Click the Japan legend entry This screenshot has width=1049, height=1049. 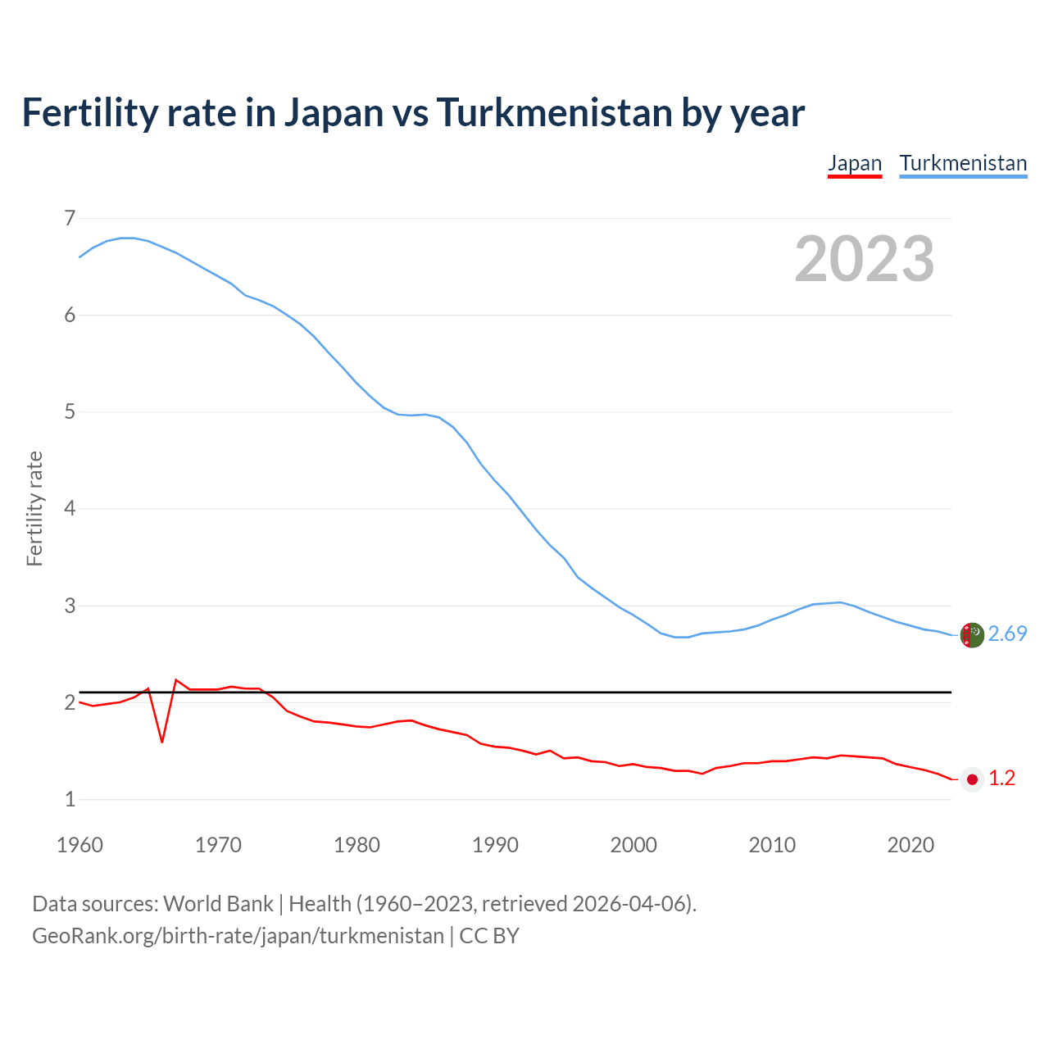[x=855, y=163]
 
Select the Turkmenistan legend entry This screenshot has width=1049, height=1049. [x=963, y=163]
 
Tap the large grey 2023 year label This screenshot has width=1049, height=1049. [x=865, y=259]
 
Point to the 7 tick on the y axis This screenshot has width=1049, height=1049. [x=70, y=218]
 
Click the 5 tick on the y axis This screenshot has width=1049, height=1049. [x=70, y=411]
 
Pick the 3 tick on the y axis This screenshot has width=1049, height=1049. [x=70, y=606]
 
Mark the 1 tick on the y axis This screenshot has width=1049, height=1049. [x=70, y=799]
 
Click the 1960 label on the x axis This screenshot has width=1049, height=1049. [x=79, y=845]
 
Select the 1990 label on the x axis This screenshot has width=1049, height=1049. [x=495, y=845]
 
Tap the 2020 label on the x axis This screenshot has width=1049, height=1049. [x=910, y=845]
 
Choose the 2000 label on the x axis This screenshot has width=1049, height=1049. [x=633, y=845]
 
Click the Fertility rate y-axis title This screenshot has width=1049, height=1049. [x=34, y=508]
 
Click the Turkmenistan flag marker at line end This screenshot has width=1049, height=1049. [x=972, y=635]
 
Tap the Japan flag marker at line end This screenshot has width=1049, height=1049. [x=972, y=779]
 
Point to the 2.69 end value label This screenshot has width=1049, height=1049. [x=1007, y=634]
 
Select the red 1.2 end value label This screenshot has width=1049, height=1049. [x=1001, y=779]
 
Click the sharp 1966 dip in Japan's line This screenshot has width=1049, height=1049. [x=162, y=741]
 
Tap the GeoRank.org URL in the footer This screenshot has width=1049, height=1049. [x=238, y=936]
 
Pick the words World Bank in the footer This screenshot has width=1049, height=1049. [x=218, y=904]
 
